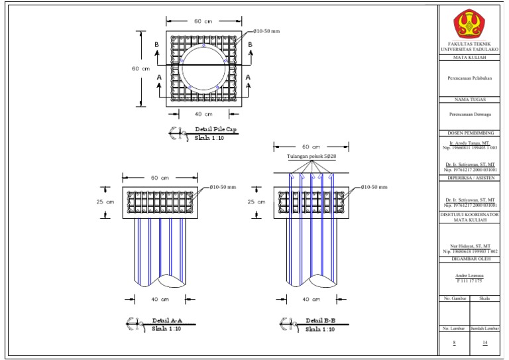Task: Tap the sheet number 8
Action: click(454, 342)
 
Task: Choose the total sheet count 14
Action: click(485, 342)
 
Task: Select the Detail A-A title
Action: click(166, 320)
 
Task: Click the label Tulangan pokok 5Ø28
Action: click(311, 158)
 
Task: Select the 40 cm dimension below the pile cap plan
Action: click(203, 114)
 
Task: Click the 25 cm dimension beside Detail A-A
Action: click(106, 202)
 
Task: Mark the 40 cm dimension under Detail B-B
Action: click(311, 299)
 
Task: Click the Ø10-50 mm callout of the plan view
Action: click(268, 32)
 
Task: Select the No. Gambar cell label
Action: click(454, 299)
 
